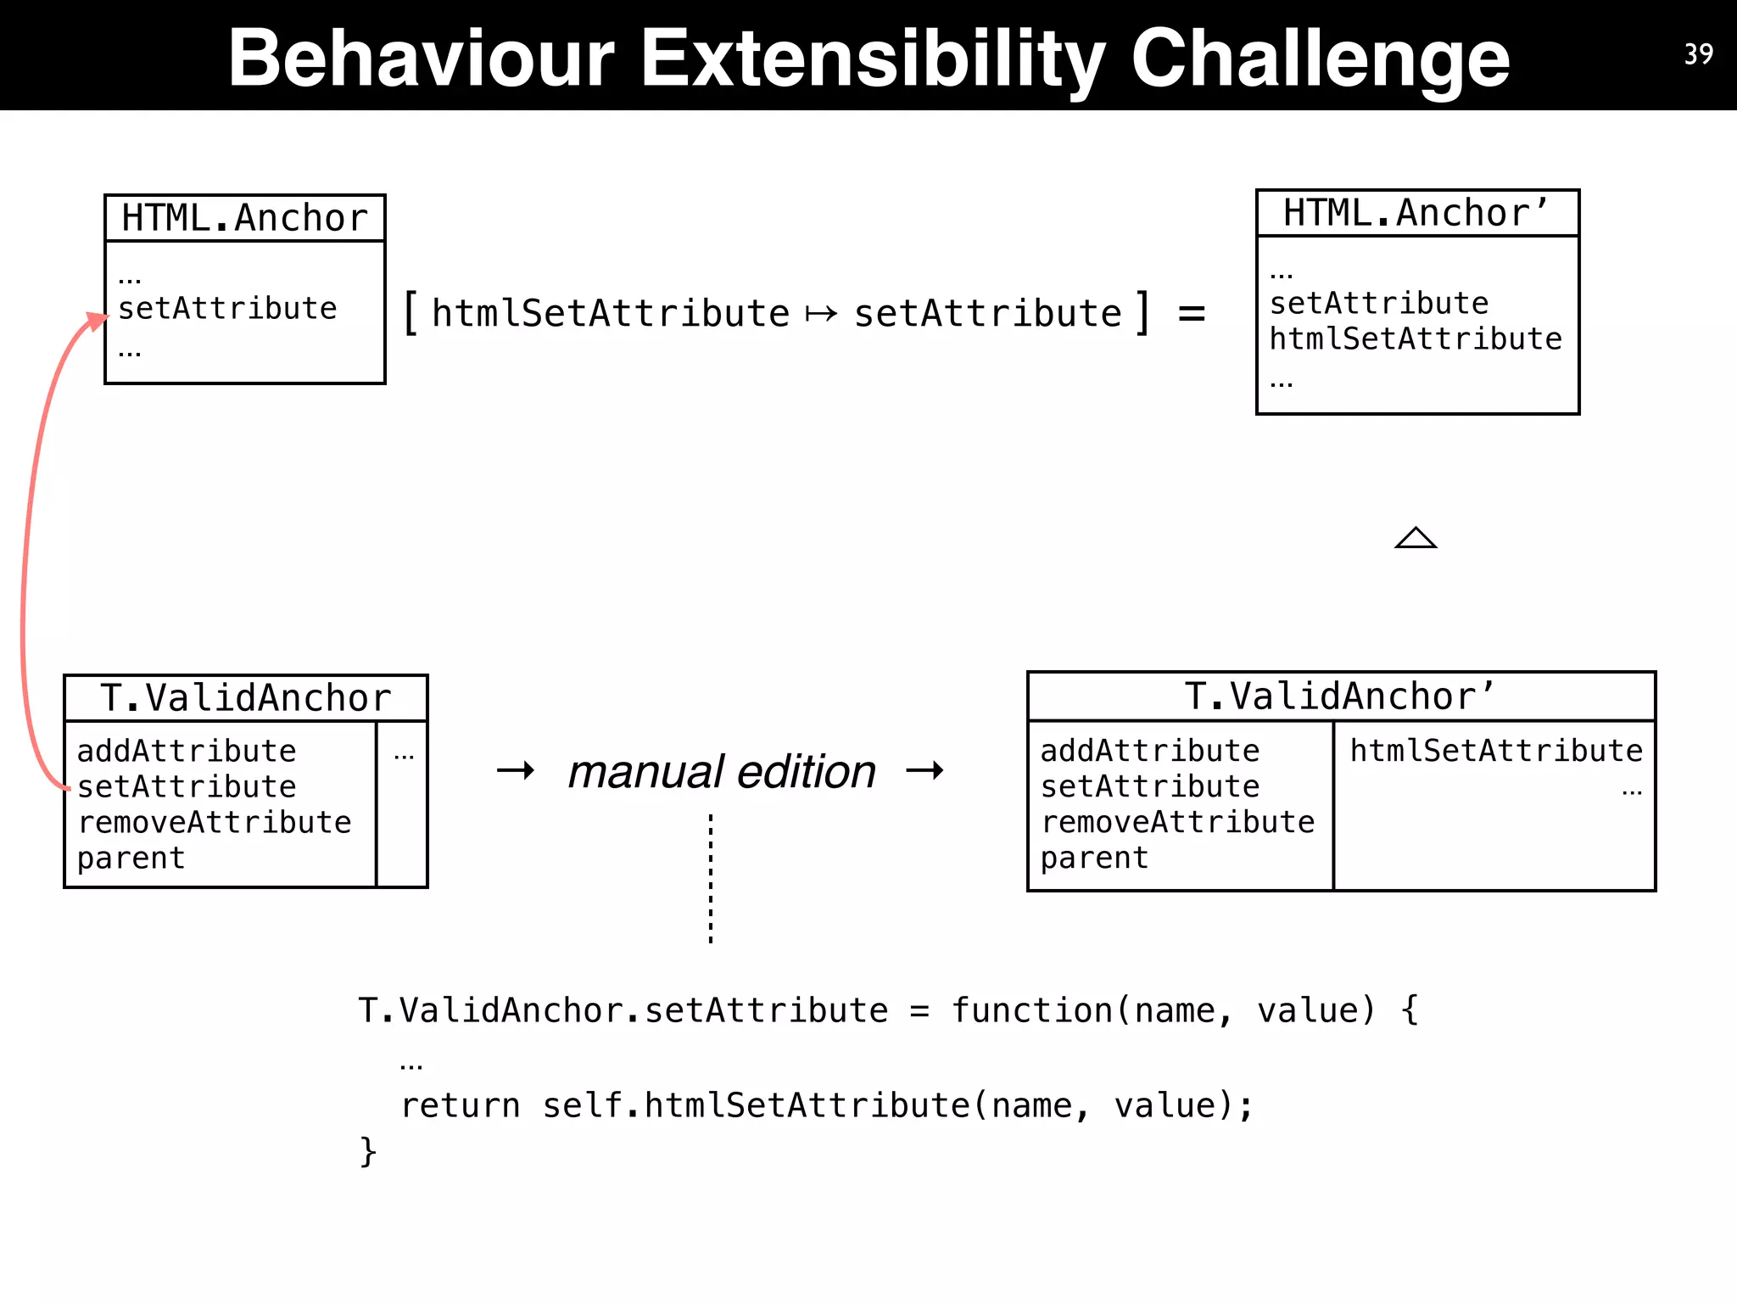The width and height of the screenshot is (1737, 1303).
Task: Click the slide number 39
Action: click(1698, 54)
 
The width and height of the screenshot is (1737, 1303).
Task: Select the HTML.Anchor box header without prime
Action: click(244, 218)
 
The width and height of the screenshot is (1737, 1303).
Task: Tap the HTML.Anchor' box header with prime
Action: click(1416, 213)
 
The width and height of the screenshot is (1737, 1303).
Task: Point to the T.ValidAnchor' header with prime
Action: click(1340, 696)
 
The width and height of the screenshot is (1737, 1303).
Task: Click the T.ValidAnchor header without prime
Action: click(245, 698)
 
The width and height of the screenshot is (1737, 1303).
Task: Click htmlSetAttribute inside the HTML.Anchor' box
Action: click(1415, 338)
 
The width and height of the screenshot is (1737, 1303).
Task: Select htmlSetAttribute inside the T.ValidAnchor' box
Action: click(1495, 751)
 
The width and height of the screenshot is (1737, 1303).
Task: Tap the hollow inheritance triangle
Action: click(1416, 538)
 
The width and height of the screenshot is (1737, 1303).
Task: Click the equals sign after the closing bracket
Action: click(1191, 314)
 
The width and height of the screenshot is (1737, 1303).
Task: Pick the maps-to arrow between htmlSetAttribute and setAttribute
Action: click(821, 315)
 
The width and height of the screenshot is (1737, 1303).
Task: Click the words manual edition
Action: click(721, 771)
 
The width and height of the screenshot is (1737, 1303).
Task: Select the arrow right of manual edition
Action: click(924, 770)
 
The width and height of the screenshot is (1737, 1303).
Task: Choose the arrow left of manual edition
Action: click(516, 770)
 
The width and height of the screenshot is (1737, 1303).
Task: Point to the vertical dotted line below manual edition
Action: click(711, 878)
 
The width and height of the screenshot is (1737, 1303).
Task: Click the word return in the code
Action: click(460, 1105)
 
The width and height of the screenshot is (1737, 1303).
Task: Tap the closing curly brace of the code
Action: click(367, 1152)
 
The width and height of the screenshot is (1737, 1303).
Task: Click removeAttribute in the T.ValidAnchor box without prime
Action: click(215, 822)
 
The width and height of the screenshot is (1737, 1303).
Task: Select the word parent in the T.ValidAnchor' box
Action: click(1093, 858)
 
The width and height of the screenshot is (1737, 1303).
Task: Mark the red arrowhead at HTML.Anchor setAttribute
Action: click(97, 322)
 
